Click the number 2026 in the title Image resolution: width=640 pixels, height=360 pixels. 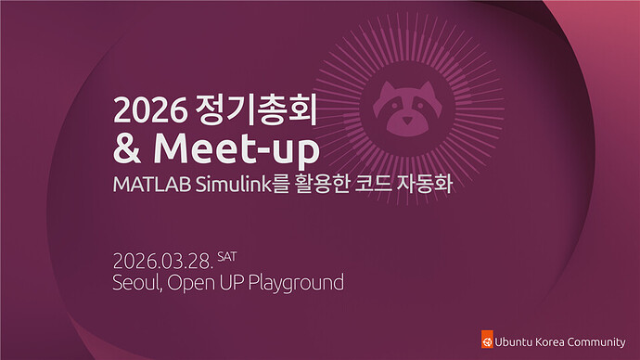click(149, 109)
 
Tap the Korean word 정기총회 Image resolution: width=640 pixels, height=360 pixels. click(256, 109)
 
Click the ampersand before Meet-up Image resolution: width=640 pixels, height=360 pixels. click(127, 148)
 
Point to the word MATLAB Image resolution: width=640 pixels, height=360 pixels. click(152, 185)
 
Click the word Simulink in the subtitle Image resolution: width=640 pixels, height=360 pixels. click(234, 185)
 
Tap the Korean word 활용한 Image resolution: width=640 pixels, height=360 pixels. click(322, 184)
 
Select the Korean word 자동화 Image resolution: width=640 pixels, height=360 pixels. click(424, 184)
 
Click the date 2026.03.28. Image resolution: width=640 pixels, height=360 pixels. click(163, 262)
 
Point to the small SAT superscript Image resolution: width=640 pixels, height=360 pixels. click(227, 256)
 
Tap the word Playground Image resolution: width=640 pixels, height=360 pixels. click(296, 283)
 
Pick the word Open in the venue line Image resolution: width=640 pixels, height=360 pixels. click(191, 283)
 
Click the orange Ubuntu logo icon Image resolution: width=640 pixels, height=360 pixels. click(487, 340)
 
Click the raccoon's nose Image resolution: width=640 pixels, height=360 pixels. click(407, 121)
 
